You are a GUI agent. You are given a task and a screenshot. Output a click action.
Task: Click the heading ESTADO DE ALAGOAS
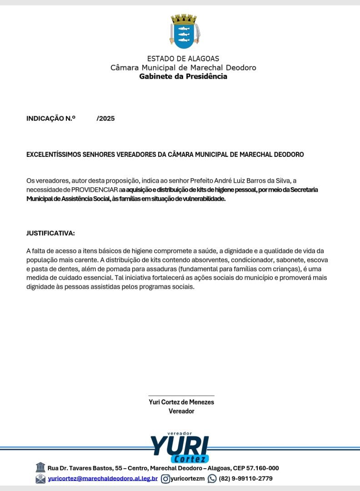[x=183, y=59]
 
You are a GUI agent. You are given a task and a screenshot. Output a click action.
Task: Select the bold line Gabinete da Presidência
[x=183, y=76]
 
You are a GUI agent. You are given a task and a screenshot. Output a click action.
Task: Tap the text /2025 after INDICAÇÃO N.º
[x=105, y=119]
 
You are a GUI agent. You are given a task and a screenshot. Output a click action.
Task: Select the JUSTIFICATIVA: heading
[x=50, y=233]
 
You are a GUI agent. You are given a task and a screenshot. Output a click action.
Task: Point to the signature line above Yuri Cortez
[x=181, y=396]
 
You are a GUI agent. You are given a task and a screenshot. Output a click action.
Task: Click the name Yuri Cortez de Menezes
[x=181, y=402]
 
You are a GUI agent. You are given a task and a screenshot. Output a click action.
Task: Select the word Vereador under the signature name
[x=181, y=411]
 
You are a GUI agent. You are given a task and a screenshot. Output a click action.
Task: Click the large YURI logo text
[x=180, y=445]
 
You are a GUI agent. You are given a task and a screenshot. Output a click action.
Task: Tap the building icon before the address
[x=40, y=467]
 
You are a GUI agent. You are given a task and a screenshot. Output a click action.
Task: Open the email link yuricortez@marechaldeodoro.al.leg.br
[x=103, y=478]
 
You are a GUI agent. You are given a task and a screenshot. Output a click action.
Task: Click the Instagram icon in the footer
[x=166, y=478]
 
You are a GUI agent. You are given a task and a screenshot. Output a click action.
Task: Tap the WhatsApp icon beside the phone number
[x=212, y=478]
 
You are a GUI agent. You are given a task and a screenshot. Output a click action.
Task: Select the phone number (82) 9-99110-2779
[x=246, y=478]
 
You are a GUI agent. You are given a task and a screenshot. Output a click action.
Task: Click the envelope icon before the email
[x=40, y=478]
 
